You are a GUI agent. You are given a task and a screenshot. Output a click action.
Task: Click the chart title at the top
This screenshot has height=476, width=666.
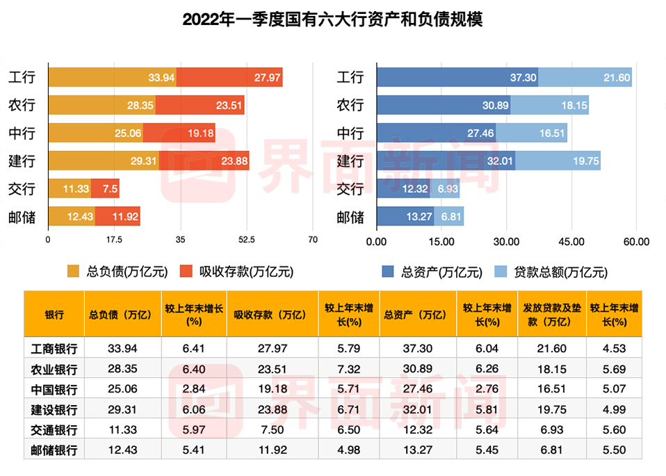(x=332, y=20)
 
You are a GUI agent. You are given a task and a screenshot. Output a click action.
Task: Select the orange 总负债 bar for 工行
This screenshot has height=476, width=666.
(x=112, y=77)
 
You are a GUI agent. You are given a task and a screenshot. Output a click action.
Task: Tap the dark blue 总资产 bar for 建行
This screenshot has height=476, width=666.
(x=446, y=161)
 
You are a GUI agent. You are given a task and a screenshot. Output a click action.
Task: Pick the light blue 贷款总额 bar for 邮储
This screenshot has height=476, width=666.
(x=449, y=216)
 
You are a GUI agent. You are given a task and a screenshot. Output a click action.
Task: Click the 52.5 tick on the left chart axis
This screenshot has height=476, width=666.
(x=247, y=240)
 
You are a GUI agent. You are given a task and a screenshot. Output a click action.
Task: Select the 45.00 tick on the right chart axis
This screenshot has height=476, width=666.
(x=571, y=241)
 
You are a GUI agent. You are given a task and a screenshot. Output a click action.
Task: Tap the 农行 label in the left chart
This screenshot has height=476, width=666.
(x=22, y=105)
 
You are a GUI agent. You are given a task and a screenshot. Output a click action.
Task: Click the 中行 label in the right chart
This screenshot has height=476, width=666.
(x=350, y=133)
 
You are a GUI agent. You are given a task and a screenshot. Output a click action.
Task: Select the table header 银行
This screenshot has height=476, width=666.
(x=54, y=315)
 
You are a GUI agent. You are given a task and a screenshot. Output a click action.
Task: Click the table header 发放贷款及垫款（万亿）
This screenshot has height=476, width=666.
(x=552, y=315)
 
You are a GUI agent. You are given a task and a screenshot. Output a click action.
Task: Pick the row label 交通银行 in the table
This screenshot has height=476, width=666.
(x=54, y=429)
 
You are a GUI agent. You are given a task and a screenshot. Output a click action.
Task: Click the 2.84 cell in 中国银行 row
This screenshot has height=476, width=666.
(x=194, y=389)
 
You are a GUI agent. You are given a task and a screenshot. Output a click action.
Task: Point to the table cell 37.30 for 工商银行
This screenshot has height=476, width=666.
(x=416, y=349)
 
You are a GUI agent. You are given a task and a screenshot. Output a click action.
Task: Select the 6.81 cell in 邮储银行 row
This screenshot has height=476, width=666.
(x=552, y=450)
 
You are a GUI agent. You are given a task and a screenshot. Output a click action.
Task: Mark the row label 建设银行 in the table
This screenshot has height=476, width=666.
(x=54, y=409)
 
